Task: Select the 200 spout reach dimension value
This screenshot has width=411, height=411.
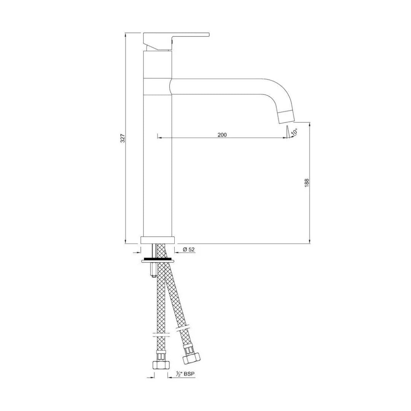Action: [222, 134]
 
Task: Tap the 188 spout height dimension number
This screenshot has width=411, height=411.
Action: [307, 182]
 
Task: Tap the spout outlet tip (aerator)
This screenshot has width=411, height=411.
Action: [286, 116]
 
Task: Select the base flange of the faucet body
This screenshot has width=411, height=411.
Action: [158, 240]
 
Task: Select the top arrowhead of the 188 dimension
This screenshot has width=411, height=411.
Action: [310, 124]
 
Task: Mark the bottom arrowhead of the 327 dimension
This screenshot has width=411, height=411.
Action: [126, 241]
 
